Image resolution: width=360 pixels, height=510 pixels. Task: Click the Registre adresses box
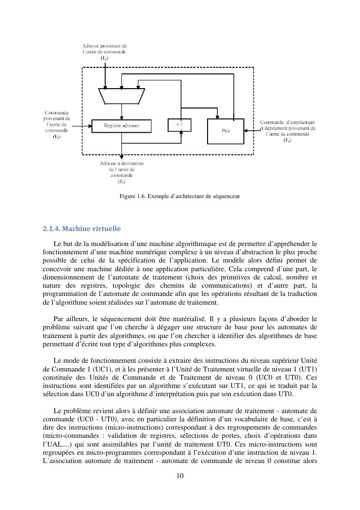click(121, 126)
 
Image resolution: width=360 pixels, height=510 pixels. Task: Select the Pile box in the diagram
click(226, 131)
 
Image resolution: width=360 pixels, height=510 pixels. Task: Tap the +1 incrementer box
click(179, 124)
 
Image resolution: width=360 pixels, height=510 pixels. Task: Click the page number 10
click(180, 476)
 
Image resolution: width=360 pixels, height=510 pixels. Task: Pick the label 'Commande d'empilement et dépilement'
click(287, 128)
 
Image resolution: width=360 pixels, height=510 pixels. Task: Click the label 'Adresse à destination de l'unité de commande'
click(121, 170)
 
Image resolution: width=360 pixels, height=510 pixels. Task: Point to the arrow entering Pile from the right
click(252, 130)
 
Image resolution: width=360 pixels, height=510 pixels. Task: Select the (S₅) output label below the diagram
click(121, 182)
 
